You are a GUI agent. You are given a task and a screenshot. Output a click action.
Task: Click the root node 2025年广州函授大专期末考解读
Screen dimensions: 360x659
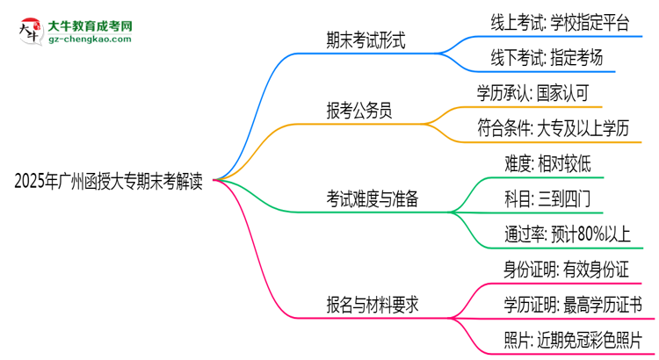coord(109,182)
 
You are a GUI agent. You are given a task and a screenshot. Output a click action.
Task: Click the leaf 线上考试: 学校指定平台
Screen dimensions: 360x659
coord(560,24)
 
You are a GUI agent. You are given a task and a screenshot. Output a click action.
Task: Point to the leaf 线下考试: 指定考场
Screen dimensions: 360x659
coord(547,59)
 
